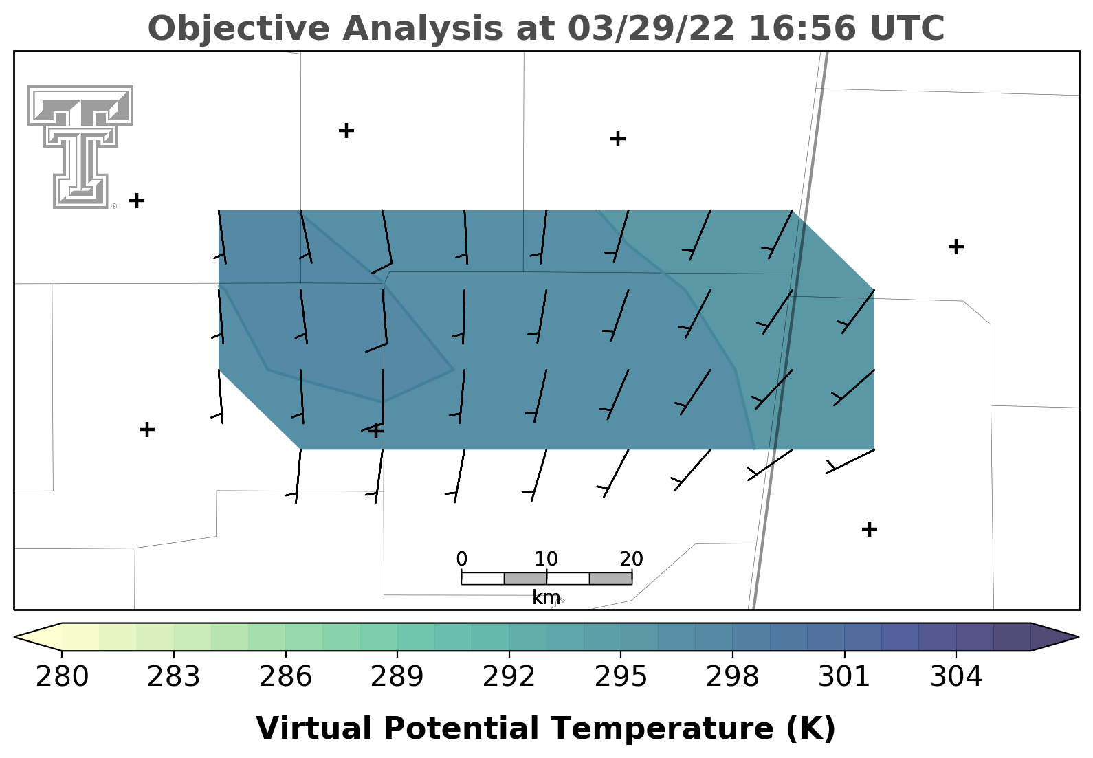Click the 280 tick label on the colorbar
pyautogui.click(x=62, y=676)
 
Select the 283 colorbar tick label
pyautogui.click(x=174, y=676)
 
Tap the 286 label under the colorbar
pyautogui.click(x=285, y=676)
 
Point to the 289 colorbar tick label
pyautogui.click(x=397, y=676)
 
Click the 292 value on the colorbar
pyautogui.click(x=509, y=676)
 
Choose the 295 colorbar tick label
pyautogui.click(x=621, y=676)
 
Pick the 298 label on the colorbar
pyautogui.click(x=732, y=676)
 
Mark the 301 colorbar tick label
pyautogui.click(x=844, y=676)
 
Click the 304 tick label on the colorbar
pyautogui.click(x=956, y=676)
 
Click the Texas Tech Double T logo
pyautogui.click(x=80, y=147)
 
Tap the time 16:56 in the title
pyautogui.click(x=802, y=28)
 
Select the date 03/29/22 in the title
pyautogui.click(x=651, y=28)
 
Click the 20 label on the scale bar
pyautogui.click(x=632, y=559)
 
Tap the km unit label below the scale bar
pyautogui.click(x=546, y=597)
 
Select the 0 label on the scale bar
pyautogui.click(x=461, y=559)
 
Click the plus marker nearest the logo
pyautogui.click(x=137, y=201)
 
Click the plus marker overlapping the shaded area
pyautogui.click(x=375, y=431)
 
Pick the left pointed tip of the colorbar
pyautogui.click(x=14, y=636)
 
